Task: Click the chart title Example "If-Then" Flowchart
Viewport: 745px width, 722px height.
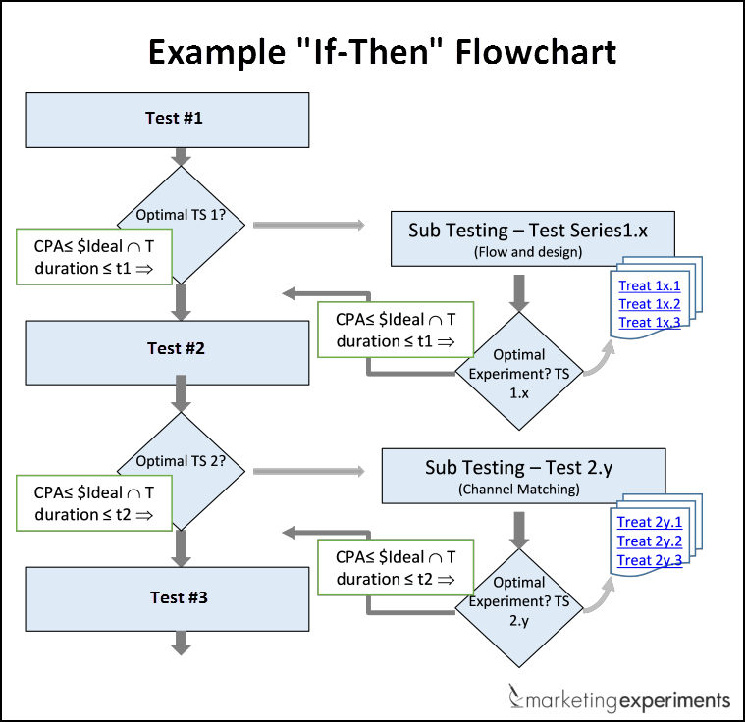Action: (382, 51)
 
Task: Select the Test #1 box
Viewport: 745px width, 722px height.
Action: (175, 119)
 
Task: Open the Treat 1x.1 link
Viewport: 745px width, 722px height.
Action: (650, 285)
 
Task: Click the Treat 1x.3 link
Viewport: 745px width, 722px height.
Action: (650, 322)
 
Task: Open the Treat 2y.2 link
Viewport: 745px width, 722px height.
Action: (649, 541)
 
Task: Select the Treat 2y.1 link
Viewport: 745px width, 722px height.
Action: (649, 523)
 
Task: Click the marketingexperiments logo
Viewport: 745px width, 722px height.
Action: (619, 699)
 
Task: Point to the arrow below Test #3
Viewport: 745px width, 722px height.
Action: (180, 642)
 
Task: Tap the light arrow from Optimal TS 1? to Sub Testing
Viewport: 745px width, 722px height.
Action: (308, 226)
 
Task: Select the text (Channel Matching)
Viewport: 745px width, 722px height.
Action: (523, 489)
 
